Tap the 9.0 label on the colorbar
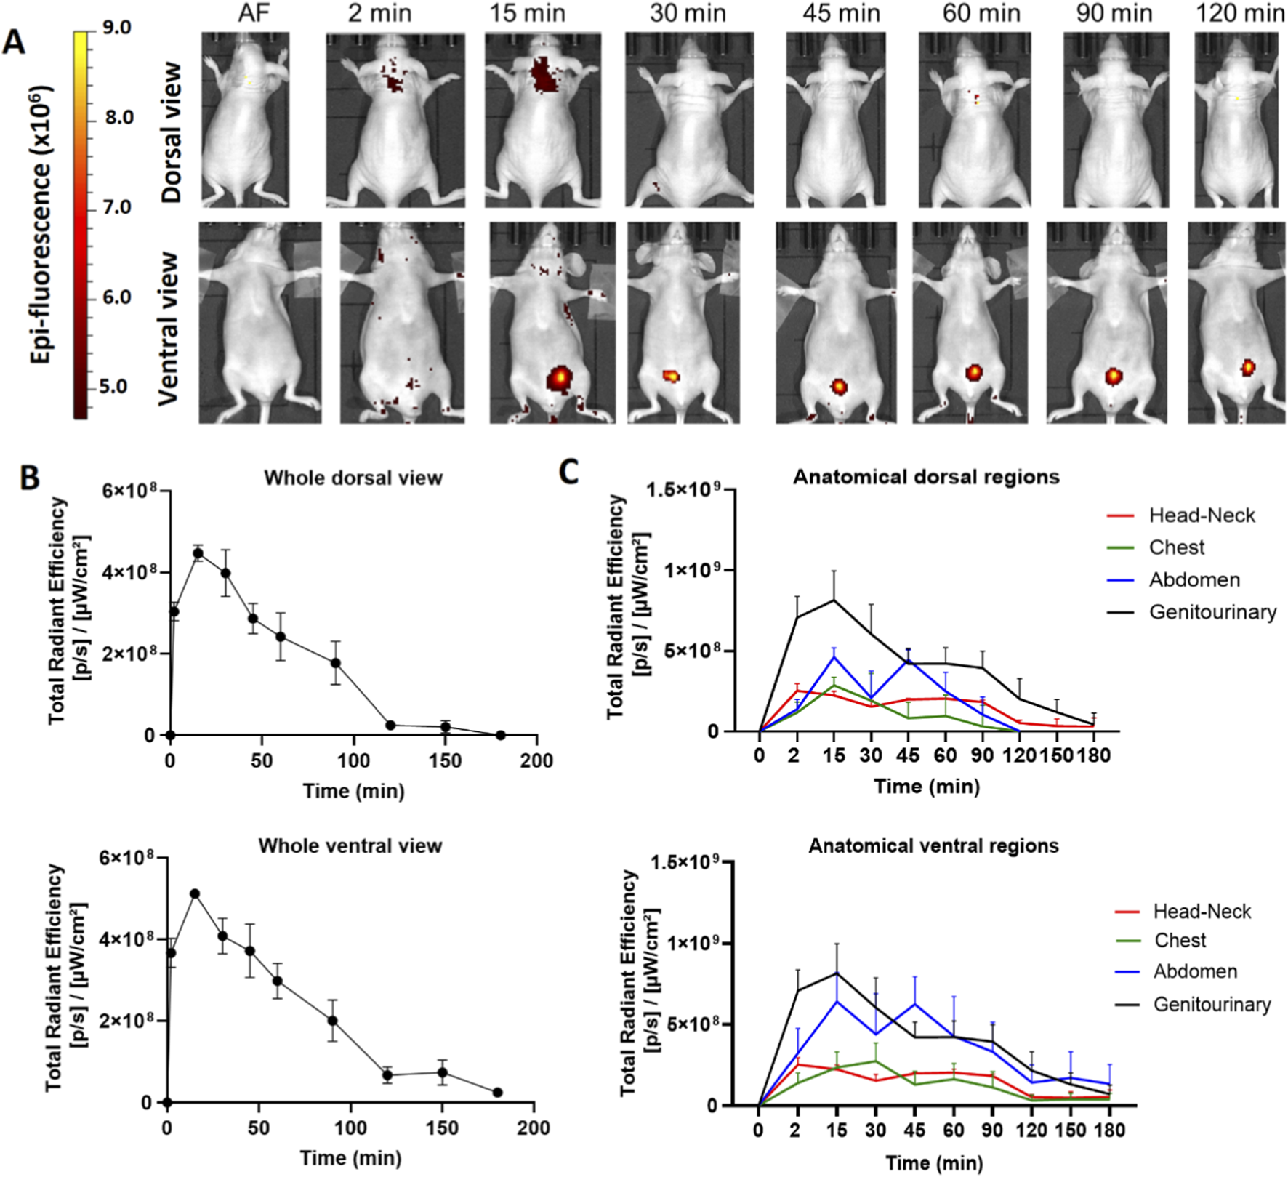click(116, 28)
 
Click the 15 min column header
click(527, 13)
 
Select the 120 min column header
click(1239, 13)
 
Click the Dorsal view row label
click(172, 132)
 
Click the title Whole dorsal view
click(353, 478)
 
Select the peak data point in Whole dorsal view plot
click(198, 553)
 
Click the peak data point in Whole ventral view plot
click(194, 893)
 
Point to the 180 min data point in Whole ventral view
click(497, 1092)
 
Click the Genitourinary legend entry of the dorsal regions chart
click(1212, 612)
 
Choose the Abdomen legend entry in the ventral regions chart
click(1195, 971)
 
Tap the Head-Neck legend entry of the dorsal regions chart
click(1202, 515)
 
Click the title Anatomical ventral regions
click(933, 846)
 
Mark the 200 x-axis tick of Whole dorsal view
click(537, 760)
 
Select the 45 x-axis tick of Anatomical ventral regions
click(914, 1130)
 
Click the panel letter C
click(568, 472)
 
